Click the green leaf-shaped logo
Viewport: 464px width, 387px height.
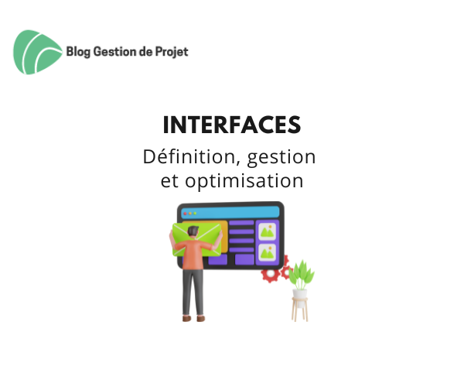(37, 52)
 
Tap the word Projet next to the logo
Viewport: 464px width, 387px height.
(172, 52)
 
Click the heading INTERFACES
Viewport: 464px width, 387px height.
(232, 125)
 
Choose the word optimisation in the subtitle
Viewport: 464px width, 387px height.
(244, 180)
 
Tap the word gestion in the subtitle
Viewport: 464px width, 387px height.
(281, 158)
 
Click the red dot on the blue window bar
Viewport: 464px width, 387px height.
(186, 213)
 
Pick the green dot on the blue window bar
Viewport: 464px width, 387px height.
(195, 213)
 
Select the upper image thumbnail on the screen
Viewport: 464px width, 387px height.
(268, 231)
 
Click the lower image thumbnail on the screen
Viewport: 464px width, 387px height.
(268, 252)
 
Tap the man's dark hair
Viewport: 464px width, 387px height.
(193, 231)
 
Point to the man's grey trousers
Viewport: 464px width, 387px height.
(193, 293)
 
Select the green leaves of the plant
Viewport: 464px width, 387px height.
(302, 274)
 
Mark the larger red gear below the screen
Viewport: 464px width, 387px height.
(271, 275)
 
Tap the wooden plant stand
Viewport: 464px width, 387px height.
(300, 310)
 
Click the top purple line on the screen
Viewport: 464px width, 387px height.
(241, 223)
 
